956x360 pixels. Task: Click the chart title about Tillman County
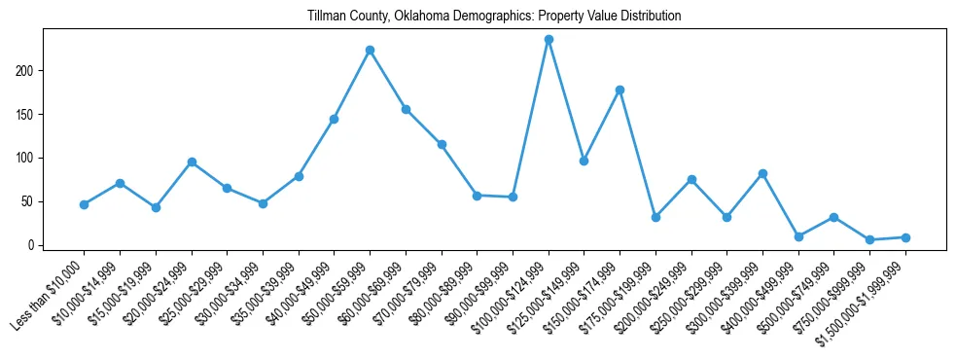coord(494,17)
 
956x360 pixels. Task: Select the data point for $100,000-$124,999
coord(549,40)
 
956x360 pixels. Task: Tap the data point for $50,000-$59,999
coord(370,50)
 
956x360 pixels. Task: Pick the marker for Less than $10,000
coord(84,204)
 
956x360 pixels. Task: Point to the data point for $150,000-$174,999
coord(620,90)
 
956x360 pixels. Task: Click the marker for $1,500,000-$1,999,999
coord(905,237)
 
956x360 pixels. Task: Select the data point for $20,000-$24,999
coord(192,162)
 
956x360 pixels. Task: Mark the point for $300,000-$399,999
coord(762,173)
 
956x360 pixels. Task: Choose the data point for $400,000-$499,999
coord(798,236)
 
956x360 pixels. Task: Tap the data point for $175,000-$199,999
coord(655,217)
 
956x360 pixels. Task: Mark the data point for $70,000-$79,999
coord(442,144)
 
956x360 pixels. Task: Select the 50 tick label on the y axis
coord(30,201)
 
